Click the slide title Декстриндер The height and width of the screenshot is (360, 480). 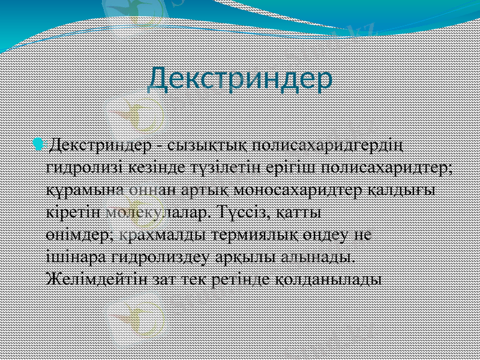(x=240, y=79)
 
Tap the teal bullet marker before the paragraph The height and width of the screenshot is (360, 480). (x=39, y=144)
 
